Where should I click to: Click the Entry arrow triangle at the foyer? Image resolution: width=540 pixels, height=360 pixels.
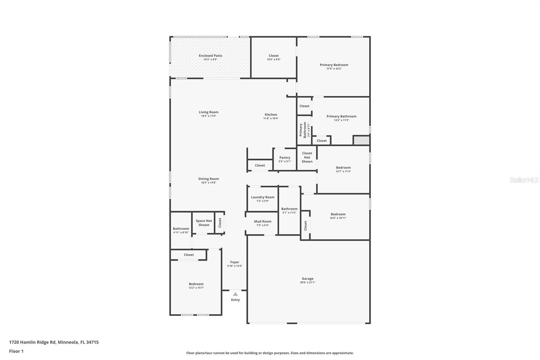(x=235, y=294)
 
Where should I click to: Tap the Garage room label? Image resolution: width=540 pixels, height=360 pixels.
(x=307, y=279)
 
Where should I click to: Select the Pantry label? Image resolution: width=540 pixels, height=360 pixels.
(x=285, y=158)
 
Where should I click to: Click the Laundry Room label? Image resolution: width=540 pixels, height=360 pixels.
(x=263, y=197)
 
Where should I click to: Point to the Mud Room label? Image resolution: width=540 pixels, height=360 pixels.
(x=263, y=222)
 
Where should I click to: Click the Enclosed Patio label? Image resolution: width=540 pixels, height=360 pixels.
(x=210, y=56)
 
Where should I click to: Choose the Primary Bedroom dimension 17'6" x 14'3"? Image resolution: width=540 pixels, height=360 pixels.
(x=334, y=69)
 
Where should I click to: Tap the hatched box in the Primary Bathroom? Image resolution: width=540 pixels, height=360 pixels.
(x=361, y=140)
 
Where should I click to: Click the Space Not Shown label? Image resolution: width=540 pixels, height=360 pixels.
(x=204, y=223)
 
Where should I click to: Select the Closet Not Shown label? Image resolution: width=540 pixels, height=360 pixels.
(x=307, y=157)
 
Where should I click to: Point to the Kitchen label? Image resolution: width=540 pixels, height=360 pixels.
(x=271, y=115)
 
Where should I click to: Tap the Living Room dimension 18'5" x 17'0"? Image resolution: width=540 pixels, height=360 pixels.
(x=209, y=116)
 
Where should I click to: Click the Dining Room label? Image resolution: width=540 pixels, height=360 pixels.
(x=209, y=179)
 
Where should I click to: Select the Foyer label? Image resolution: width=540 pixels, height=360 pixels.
(x=235, y=262)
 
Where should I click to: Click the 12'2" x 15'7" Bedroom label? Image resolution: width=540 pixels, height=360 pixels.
(x=196, y=284)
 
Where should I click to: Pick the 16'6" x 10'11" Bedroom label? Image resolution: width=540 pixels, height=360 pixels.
(x=338, y=214)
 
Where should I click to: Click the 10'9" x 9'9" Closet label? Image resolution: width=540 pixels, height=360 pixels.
(x=274, y=56)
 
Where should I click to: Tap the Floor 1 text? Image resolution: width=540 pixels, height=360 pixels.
(x=16, y=351)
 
